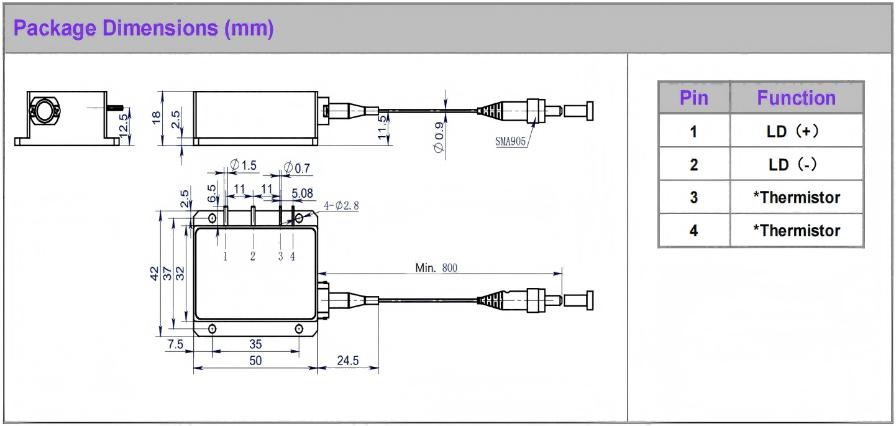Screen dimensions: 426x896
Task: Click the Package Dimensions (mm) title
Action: [x=144, y=28]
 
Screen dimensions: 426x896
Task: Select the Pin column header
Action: [x=693, y=98]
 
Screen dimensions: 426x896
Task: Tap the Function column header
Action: [x=796, y=98]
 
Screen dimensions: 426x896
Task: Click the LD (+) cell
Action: [x=796, y=131]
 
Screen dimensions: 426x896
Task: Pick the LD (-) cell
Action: [x=796, y=164]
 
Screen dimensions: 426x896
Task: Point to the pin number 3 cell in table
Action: [x=693, y=198]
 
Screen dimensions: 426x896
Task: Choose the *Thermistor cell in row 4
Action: [x=796, y=231]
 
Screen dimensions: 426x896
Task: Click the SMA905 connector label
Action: [x=510, y=141]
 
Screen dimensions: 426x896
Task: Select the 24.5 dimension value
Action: [x=347, y=360]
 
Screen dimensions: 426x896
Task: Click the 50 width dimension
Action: [x=255, y=361]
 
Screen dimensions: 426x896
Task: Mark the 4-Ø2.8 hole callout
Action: [x=341, y=206]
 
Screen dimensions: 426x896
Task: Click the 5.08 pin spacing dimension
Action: [x=302, y=194]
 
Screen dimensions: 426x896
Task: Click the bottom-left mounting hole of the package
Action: [x=213, y=328]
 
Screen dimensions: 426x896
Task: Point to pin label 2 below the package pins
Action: [x=253, y=256]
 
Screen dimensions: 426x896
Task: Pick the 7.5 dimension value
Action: [x=176, y=344]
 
